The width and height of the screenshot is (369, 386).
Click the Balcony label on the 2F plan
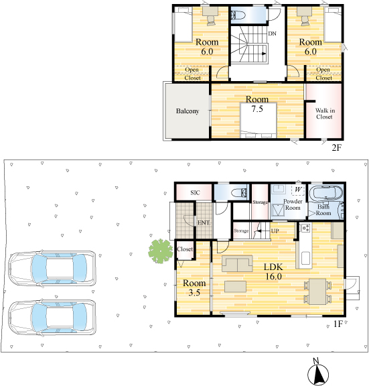click(188, 111)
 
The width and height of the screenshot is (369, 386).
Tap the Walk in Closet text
click(325, 113)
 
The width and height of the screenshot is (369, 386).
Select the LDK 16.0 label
click(273, 271)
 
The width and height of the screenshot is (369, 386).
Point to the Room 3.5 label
click(194, 287)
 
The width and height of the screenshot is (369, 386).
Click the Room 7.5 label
click(257, 104)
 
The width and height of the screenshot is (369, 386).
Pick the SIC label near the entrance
click(195, 193)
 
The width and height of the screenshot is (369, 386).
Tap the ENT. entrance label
click(204, 222)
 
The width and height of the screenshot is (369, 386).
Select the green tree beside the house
click(161, 251)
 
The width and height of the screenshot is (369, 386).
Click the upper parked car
click(52, 269)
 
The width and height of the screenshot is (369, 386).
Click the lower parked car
click(52, 318)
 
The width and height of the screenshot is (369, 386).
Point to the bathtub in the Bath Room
click(325, 192)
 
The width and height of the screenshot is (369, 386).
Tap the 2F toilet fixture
click(238, 15)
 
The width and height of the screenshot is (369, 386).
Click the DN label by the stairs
click(272, 34)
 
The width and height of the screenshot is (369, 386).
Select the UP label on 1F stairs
click(275, 231)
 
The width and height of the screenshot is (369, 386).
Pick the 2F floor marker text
click(337, 147)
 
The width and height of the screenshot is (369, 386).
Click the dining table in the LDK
click(317, 292)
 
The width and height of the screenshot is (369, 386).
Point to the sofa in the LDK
click(237, 263)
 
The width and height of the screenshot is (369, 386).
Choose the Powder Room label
click(293, 204)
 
